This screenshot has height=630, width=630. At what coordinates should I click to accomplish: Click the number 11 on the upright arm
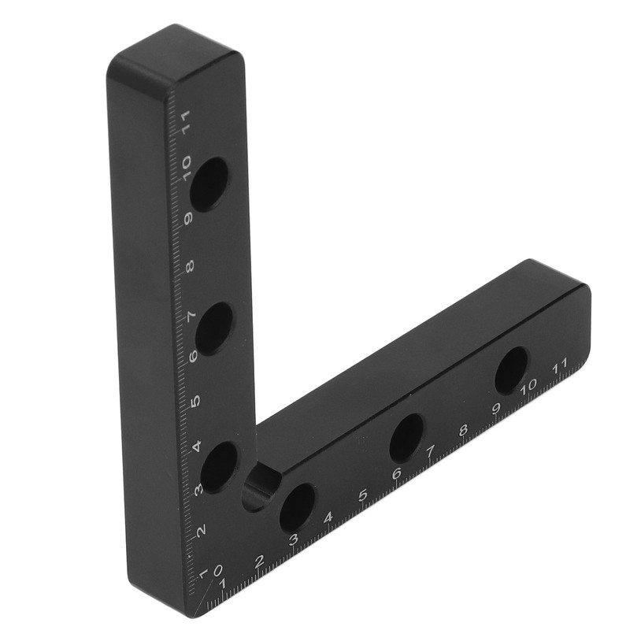point(186,122)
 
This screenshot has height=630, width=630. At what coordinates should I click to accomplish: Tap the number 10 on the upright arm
point(186,166)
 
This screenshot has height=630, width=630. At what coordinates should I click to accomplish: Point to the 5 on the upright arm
point(195,400)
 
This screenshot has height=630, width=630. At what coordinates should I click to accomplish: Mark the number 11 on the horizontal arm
point(561,366)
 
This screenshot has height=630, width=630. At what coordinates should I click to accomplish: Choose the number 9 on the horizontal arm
point(496,408)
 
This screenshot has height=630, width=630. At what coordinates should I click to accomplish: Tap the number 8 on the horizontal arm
point(463,430)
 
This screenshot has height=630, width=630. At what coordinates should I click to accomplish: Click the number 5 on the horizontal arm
point(363,495)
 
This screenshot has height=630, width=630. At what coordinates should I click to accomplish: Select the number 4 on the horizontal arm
point(328,517)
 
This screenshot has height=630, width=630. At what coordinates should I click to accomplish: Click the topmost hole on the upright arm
point(209,183)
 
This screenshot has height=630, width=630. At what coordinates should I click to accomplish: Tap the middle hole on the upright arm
point(213,327)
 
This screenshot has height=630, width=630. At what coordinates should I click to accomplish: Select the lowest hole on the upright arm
point(219,466)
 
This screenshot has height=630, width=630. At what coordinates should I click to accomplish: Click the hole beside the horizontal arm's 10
point(511,369)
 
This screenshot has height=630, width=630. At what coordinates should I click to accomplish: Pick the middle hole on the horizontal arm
point(406,437)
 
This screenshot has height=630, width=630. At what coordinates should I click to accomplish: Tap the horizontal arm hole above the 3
point(297,506)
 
